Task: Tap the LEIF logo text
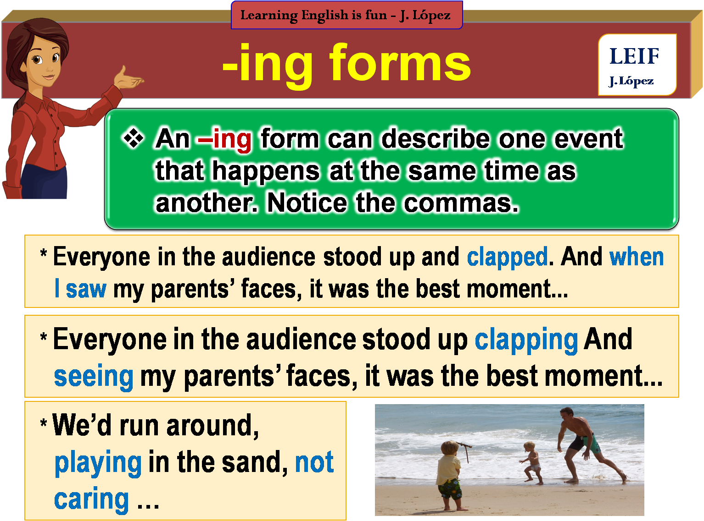pyautogui.click(x=634, y=56)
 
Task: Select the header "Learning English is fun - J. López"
pyautogui.click(x=346, y=15)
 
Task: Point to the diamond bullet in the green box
pyautogui.click(x=134, y=138)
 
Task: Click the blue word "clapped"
pyautogui.click(x=507, y=257)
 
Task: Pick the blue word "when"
pyautogui.click(x=637, y=257)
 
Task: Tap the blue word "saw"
pyautogui.click(x=86, y=289)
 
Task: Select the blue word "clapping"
pyautogui.click(x=526, y=340)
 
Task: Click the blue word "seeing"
pyautogui.click(x=94, y=377)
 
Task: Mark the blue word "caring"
pyautogui.click(x=91, y=499)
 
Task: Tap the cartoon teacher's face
pyautogui.click(x=46, y=64)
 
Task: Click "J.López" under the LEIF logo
pyautogui.click(x=631, y=81)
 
